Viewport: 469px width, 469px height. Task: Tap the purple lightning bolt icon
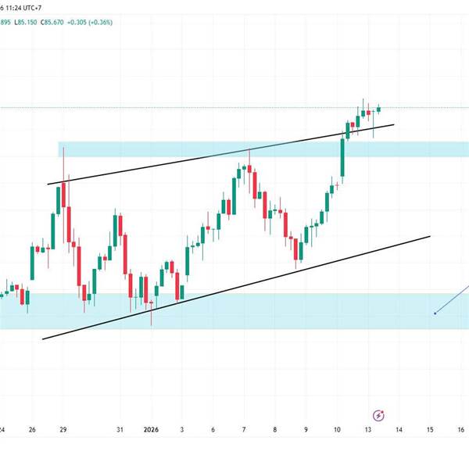(x=379, y=416)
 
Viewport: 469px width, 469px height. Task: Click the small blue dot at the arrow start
(x=435, y=313)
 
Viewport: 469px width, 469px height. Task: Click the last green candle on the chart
(x=379, y=109)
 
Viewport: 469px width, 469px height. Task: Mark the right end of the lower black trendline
(x=430, y=235)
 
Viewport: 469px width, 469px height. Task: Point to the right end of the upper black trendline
(x=393, y=124)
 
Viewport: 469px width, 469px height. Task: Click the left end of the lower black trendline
(x=42, y=339)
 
